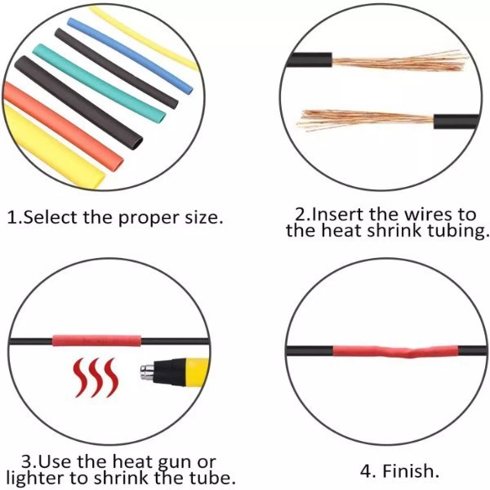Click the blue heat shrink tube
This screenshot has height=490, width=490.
click(131, 54)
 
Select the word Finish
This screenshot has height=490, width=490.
click(412, 471)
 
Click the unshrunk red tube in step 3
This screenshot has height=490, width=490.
click(97, 339)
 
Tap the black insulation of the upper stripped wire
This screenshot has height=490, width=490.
click(310, 62)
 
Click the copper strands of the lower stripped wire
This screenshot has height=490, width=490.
click(359, 121)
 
